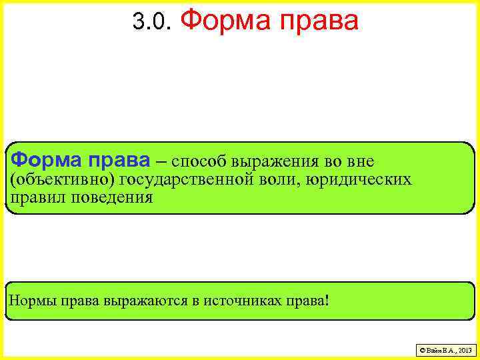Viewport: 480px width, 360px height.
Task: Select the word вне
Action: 360,161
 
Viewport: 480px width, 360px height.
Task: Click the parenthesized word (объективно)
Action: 59,180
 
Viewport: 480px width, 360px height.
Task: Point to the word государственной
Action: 179,180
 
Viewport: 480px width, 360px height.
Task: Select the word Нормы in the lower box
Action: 33,301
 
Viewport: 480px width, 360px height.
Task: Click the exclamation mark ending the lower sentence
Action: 327,300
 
